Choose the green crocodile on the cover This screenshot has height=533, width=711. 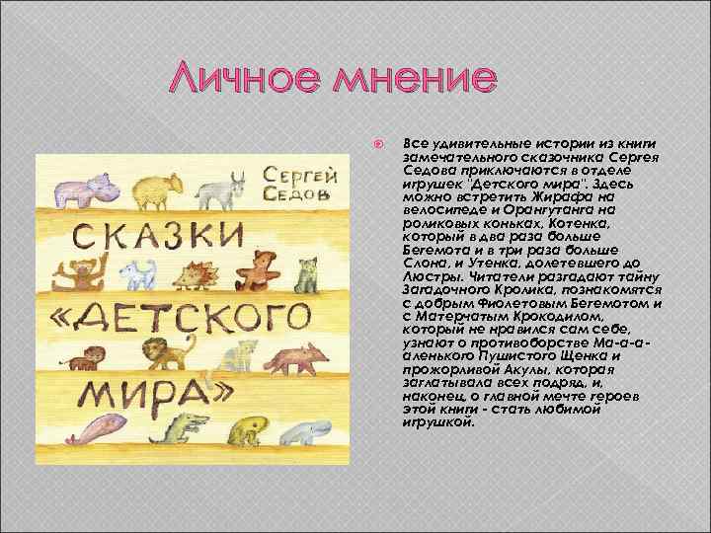click(185, 429)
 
